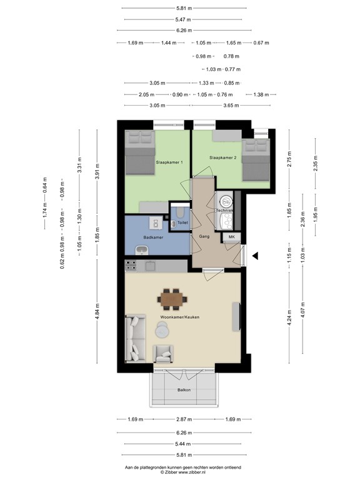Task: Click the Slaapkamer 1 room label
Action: (169, 162)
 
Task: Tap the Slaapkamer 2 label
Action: (222, 157)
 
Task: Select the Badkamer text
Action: (153, 237)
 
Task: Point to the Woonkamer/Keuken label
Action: (179, 317)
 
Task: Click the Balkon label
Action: (183, 390)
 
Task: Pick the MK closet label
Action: (231, 237)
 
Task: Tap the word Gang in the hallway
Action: (204, 237)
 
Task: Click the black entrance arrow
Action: (254, 254)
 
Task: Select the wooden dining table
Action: (171, 299)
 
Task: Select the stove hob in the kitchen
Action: (131, 266)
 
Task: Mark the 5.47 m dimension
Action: (183, 19)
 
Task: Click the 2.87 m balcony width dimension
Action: (183, 419)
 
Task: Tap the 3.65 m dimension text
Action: (231, 106)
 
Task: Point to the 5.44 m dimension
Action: (183, 443)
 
